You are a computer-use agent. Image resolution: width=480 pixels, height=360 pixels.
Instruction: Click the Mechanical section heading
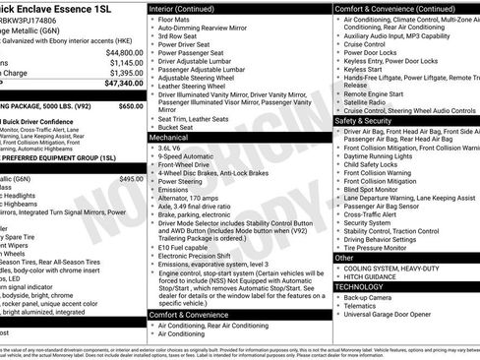coord(168,139)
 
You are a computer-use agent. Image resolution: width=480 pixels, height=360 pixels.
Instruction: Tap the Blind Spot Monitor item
coord(379,190)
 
